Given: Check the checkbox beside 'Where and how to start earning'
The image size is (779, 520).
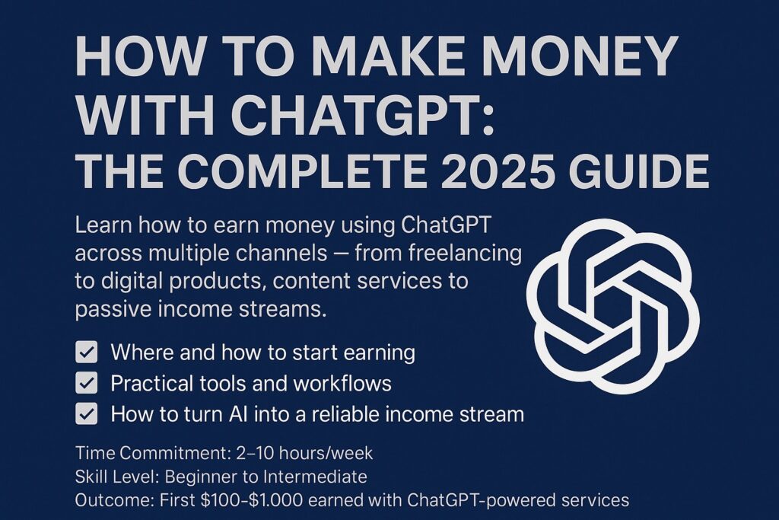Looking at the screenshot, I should pyautogui.click(x=87, y=353).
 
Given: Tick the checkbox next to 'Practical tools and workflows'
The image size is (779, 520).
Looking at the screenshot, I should pyautogui.click(x=87, y=383).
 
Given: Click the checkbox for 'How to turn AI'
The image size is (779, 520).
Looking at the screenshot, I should pyautogui.click(x=87, y=414).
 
